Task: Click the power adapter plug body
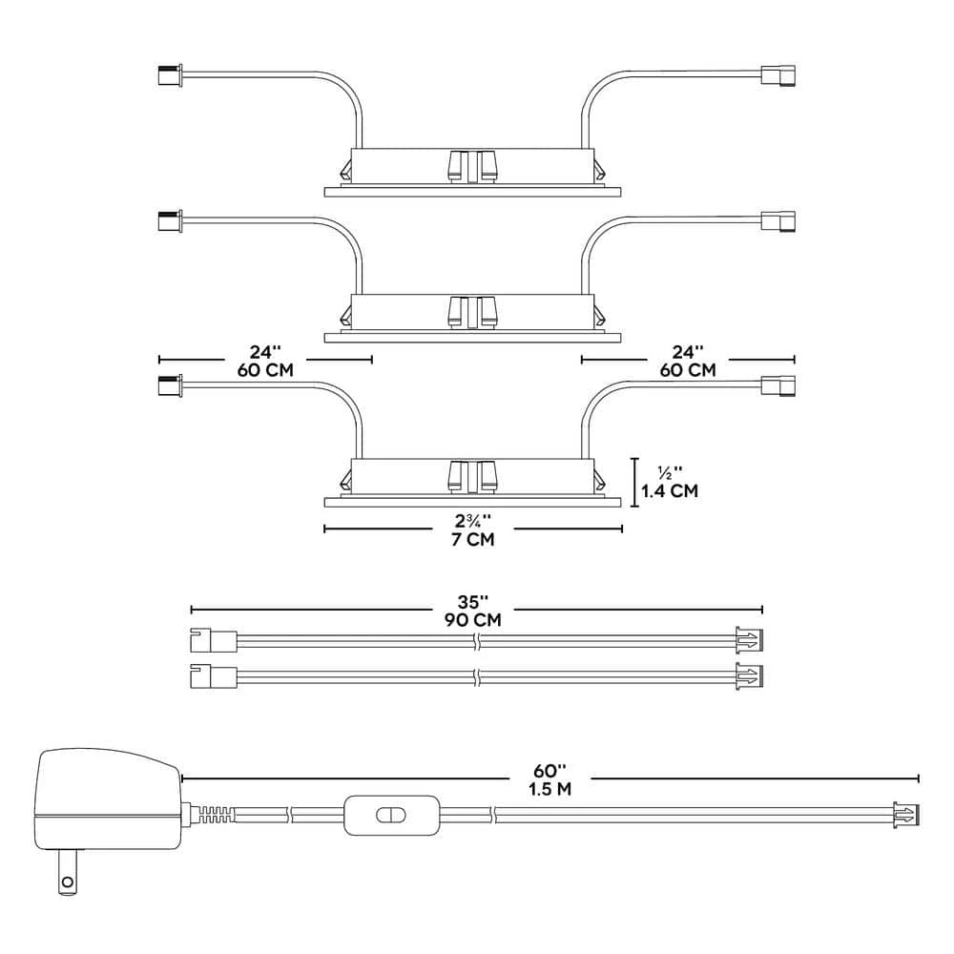pyautogui.click(x=109, y=798)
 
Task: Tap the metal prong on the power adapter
pyautogui.click(x=68, y=872)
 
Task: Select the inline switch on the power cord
pyautogui.click(x=391, y=815)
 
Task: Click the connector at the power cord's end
pyautogui.click(x=906, y=814)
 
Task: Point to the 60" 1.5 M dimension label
pyautogui.click(x=550, y=780)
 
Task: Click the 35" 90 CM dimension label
pyautogui.click(x=473, y=611)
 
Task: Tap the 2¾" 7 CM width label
pyautogui.click(x=473, y=529)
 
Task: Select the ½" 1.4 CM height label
pyautogui.click(x=670, y=482)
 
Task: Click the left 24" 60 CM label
pyautogui.click(x=265, y=361)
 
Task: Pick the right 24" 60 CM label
pyautogui.click(x=688, y=361)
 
